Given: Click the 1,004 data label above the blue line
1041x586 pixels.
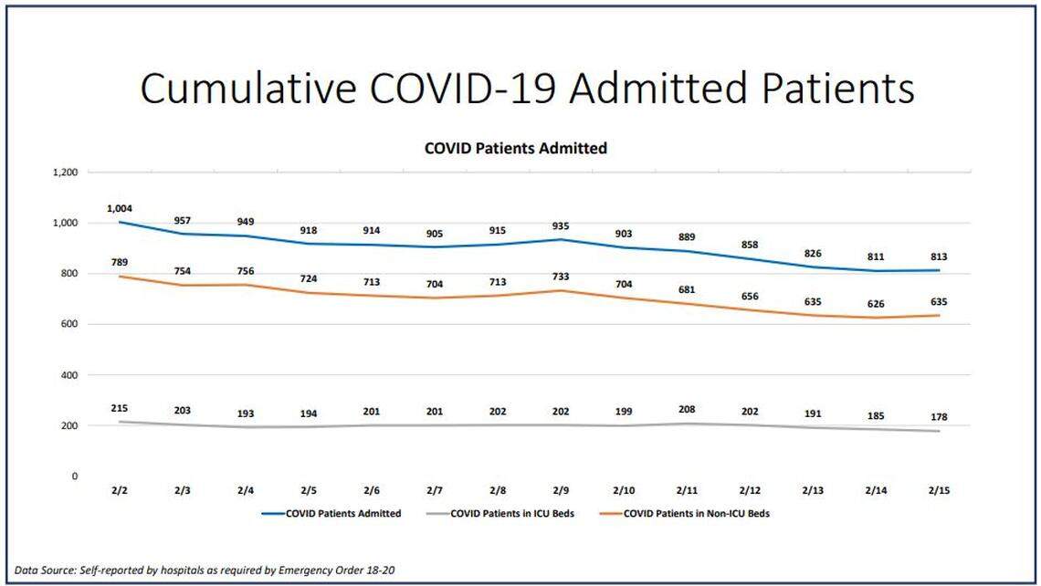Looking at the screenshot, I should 119,208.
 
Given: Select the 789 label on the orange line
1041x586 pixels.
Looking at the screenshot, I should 120,261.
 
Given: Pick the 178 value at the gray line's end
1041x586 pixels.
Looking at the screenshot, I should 939,417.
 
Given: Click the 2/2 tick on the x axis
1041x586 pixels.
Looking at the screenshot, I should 120,491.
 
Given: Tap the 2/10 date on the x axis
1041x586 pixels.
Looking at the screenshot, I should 624,491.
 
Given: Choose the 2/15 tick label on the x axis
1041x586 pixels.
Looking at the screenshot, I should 939,491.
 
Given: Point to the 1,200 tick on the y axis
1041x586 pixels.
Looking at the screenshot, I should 64,173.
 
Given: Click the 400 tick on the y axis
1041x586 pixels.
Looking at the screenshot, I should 69,375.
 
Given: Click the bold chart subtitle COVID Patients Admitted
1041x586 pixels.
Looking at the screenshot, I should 515,148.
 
